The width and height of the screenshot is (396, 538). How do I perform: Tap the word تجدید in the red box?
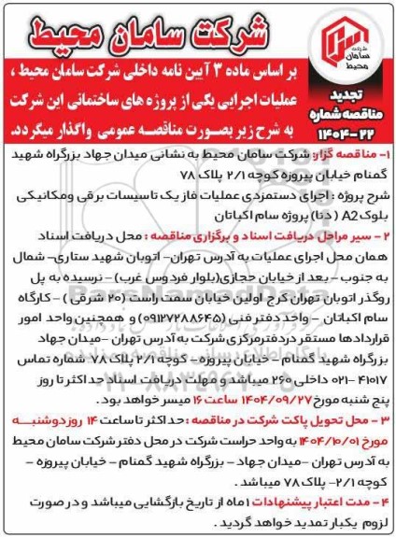[x=359, y=100]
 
